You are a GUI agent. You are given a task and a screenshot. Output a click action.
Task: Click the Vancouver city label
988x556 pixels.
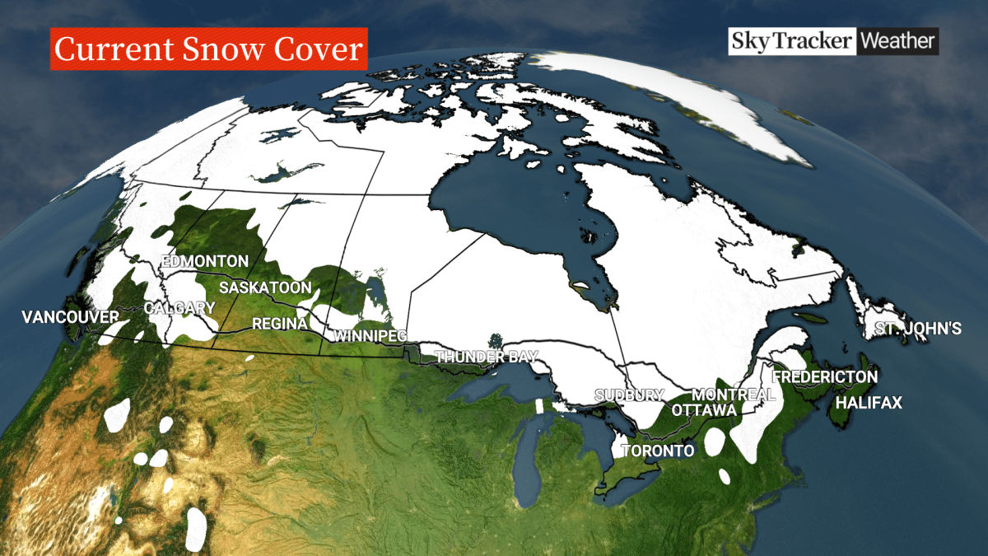click(x=71, y=316)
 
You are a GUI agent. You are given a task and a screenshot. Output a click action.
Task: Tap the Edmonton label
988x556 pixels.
click(x=205, y=262)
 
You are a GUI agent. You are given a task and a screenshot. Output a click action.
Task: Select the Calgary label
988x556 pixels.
click(x=179, y=308)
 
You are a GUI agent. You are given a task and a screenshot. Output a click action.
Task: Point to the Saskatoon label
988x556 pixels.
click(x=264, y=287)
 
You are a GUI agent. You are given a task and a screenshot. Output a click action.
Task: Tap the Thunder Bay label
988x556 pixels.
click(x=486, y=357)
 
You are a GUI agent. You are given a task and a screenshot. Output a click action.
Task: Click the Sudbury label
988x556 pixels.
click(x=629, y=395)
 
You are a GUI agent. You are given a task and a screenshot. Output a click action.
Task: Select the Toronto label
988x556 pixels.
click(x=658, y=451)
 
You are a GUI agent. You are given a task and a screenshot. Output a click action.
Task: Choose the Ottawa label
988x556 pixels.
click(x=704, y=409)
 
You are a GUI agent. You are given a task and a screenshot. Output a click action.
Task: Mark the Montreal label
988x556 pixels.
click(x=734, y=395)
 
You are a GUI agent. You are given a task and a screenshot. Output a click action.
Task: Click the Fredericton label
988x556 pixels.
click(x=825, y=376)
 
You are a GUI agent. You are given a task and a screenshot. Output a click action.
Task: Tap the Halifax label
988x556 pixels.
click(x=869, y=403)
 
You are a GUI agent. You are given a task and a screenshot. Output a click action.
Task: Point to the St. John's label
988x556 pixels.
click(x=918, y=329)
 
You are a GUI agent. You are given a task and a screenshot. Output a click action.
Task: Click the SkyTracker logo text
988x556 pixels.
click(x=791, y=41)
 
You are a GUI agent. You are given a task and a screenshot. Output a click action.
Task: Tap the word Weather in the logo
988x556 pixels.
click(x=898, y=41)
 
